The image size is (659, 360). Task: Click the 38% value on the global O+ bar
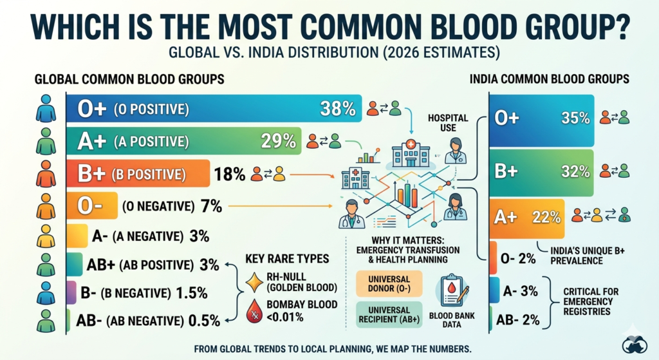point(338,109)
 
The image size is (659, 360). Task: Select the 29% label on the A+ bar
point(278,141)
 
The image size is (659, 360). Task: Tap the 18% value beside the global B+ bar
point(230,174)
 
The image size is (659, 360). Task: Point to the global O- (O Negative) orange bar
point(93,207)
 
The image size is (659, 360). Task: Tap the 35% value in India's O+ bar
point(575,118)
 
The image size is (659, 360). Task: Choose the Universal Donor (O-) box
point(389,283)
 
